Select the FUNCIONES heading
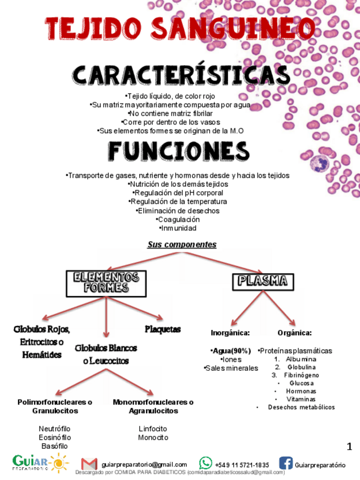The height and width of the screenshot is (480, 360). coord(179,151)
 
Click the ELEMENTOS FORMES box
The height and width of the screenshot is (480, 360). coord(106,283)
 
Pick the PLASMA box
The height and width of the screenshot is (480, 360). coord(263,281)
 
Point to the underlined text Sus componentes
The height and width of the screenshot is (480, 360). coord(182,245)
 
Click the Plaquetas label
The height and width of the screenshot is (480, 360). coord(162,329)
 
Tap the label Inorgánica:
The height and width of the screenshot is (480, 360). coord(230,333)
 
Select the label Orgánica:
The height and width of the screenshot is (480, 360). coord(294,333)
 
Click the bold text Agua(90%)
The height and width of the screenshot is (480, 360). coord(231,351)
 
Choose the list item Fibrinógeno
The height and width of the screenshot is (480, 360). coord(301,375)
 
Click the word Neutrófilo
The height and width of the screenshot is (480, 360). coord(54,428)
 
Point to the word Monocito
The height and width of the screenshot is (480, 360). coord(153,438)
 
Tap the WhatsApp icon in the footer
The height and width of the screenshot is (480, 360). coord(205,464)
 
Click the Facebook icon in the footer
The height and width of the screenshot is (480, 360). coord(285,464)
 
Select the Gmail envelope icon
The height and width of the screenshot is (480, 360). coord(89,464)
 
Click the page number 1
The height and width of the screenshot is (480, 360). coord(349,447)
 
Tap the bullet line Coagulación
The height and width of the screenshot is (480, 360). coord(179,220)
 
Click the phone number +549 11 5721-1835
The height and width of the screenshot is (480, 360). coord(242,465)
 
